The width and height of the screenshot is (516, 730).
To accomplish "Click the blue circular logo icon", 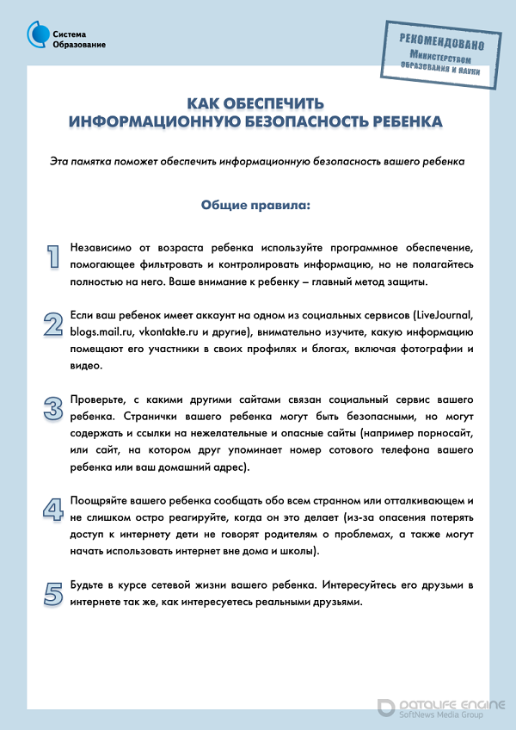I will pos(38,34).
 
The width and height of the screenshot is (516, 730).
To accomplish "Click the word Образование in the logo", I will pos(79,45).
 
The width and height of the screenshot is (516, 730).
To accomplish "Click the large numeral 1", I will pos(53,257).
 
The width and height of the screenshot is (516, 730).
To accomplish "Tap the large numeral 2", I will pos(53,324).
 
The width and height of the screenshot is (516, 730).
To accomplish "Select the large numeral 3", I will pos(53,407).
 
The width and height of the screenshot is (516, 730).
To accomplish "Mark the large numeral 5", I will pos(53,593).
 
